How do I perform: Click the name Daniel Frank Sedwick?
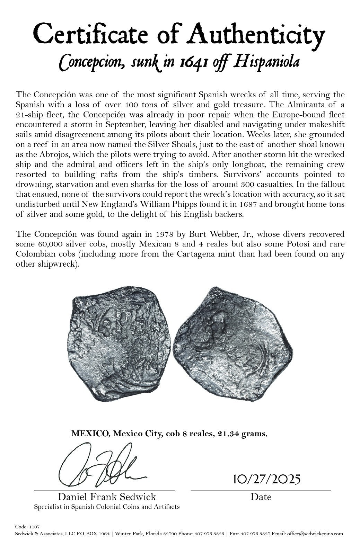coord(107,497)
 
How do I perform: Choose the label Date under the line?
coord(261,497)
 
